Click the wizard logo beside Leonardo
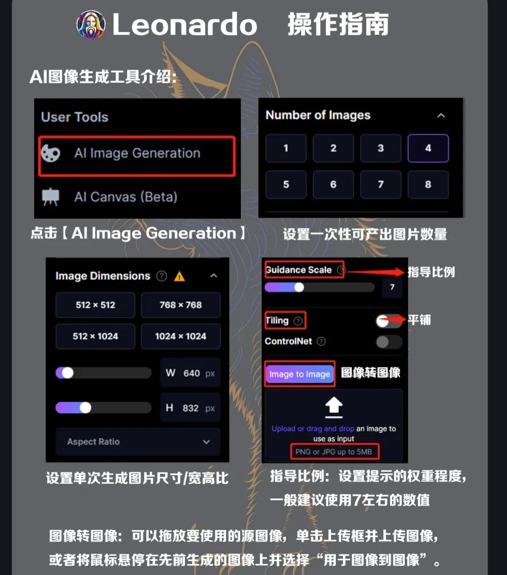coord(91,25)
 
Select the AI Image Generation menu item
coord(137,154)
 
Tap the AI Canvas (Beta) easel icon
coord(51,197)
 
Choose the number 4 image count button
coord(428,148)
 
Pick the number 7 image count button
coord(380,184)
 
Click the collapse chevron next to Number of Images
coord(441,115)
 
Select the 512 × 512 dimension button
coord(95,305)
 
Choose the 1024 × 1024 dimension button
coord(180,336)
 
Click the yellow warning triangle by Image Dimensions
coord(179,276)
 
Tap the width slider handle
coord(68,373)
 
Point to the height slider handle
coord(85,408)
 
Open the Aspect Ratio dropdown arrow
coord(206,442)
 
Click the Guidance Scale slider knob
coord(299,287)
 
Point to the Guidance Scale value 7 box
coord(392,287)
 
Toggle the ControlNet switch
coord(388,341)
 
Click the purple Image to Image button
coord(299,374)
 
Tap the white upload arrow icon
coord(334,407)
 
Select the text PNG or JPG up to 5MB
coord(333,452)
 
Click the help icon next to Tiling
coord(298,321)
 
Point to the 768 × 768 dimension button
coord(180,305)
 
